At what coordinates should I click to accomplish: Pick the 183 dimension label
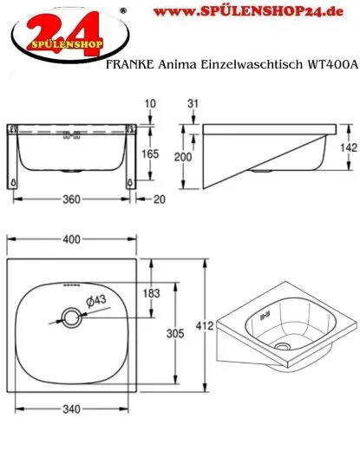click(x=152, y=294)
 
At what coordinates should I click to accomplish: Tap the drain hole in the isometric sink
click(x=282, y=345)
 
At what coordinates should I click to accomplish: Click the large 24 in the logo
click(x=56, y=26)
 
